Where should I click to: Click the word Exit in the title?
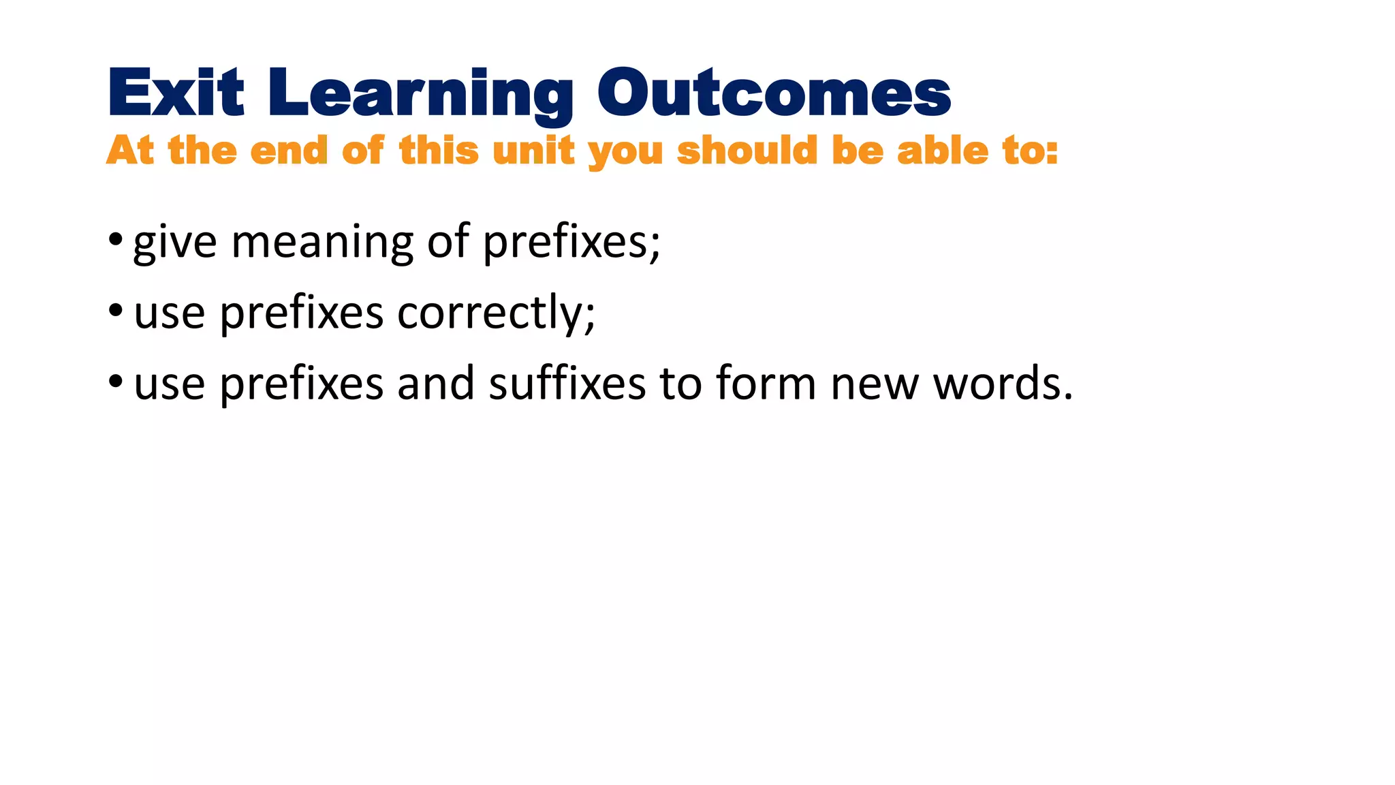point(175,93)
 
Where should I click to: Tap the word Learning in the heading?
point(420,95)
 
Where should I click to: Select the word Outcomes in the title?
point(774,93)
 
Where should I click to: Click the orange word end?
point(289,150)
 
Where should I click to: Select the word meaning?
point(322,243)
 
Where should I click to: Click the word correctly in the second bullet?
point(496,313)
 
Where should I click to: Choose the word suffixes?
point(567,383)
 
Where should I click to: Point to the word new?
point(875,384)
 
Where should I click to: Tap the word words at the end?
point(1001,383)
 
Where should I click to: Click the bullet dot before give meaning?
point(115,240)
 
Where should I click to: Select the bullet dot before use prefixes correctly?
point(115,311)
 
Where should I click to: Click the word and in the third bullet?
point(436,383)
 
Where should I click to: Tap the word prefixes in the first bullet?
point(571,243)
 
